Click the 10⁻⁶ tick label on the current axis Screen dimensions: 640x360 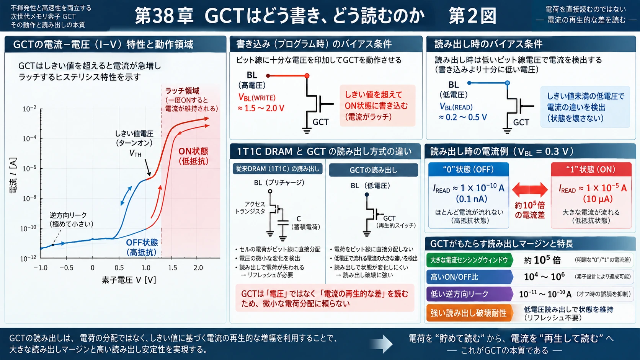point(29,168)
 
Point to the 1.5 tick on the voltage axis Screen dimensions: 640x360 point(172,268)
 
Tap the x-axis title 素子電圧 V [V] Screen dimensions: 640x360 point(129,280)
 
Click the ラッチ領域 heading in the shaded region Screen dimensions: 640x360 point(182,91)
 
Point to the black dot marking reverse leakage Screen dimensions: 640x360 point(53,245)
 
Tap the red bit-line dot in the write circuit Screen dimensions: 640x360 point(307,76)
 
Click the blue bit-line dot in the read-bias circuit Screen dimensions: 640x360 point(508,83)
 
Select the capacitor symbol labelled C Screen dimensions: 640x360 point(283,223)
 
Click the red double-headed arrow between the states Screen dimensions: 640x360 point(530,189)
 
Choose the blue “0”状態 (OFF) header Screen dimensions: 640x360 point(469,169)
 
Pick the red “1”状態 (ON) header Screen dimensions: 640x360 point(591,169)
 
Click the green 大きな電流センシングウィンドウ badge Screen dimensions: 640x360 point(469,260)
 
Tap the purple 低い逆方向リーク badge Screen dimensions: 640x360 point(469,294)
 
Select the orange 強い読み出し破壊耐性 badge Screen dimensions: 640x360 point(469,313)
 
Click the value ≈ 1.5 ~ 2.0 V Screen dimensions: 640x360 point(261,109)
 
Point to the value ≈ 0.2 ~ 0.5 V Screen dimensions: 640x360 point(463,117)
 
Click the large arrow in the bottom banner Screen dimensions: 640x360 point(381,344)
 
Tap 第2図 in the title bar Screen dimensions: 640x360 point(472,16)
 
